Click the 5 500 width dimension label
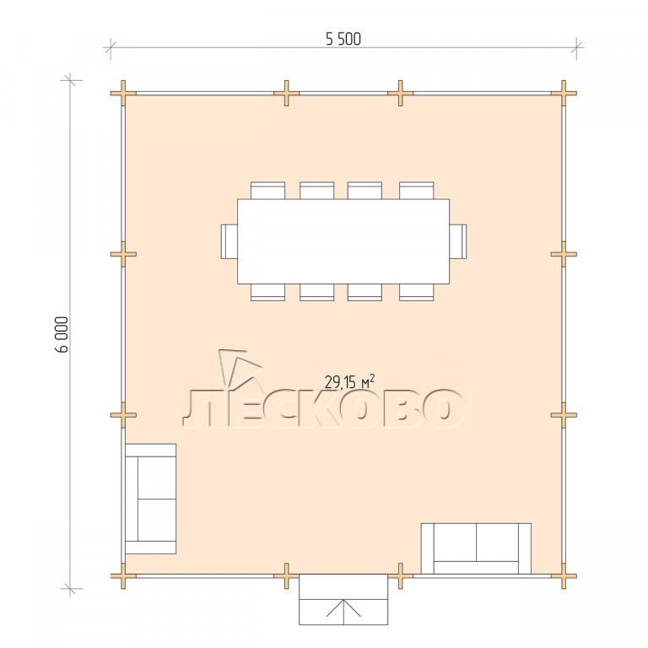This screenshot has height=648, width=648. point(343,40)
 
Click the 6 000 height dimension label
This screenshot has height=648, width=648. point(61,334)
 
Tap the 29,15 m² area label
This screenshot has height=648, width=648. point(349,382)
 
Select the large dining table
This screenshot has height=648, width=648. point(343,241)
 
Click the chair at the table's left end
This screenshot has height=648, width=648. point(229,241)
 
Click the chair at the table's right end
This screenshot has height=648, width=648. point(458,241)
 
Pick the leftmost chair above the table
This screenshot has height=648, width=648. point(267,191)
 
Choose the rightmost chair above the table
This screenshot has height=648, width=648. point(417,191)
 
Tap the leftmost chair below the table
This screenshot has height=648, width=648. point(267,292)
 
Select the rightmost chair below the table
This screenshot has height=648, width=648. point(417,292)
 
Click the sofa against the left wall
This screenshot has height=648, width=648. point(150,499)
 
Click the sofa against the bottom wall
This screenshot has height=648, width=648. point(476,548)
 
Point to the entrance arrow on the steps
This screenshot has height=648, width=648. point(343,607)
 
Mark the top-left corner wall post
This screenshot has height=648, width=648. point(123,94)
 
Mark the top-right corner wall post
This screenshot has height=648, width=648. point(564,94)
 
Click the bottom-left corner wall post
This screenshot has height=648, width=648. point(123,575)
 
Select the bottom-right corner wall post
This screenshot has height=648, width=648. point(564,575)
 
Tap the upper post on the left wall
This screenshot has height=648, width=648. point(123,254)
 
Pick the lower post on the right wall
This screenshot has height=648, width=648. point(564,415)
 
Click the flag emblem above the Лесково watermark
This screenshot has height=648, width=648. point(240,369)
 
